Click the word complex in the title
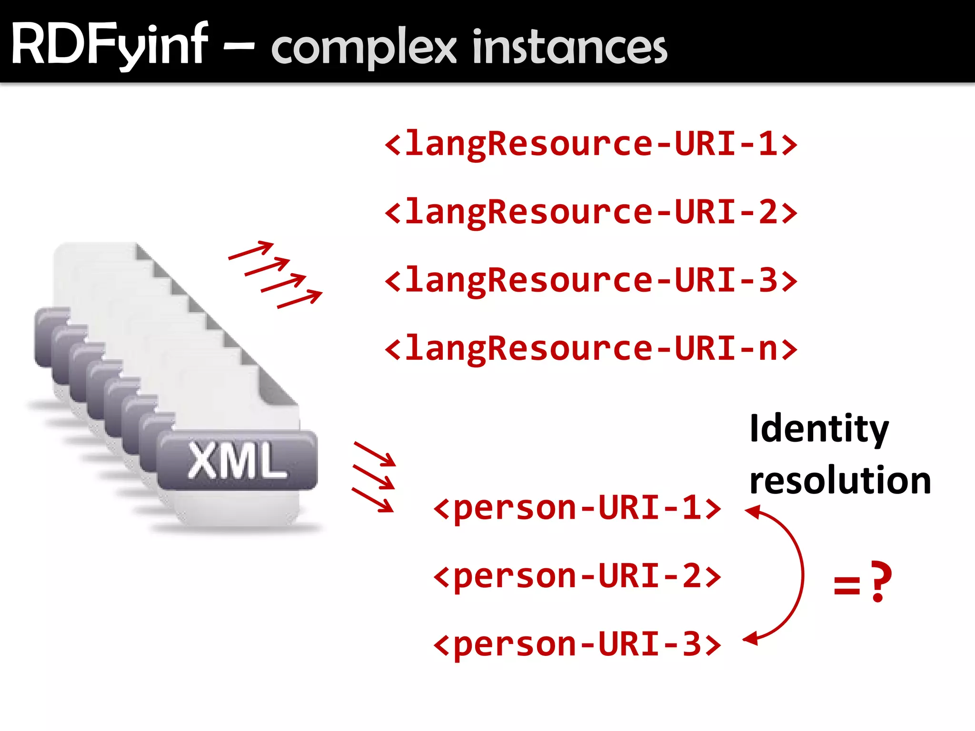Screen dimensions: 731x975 364,48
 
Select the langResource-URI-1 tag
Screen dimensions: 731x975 590,144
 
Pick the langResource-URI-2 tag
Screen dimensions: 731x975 590,212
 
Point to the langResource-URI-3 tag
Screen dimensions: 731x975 590,280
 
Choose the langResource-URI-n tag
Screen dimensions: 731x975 590,348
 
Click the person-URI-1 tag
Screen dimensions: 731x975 577,508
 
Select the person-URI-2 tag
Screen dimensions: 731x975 577,576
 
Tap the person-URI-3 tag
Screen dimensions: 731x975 577,644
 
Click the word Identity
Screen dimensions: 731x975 819,428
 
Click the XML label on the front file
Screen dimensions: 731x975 237,460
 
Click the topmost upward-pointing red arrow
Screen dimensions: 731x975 251,250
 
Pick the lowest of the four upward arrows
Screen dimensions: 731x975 300,300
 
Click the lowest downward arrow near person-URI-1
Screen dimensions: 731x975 373,500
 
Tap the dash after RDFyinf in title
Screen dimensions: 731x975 239,47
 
